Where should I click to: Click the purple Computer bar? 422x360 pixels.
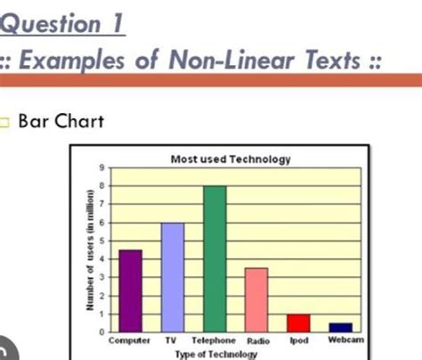[131, 290]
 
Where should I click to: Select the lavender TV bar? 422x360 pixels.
[173, 277]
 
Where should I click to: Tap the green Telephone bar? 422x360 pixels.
[215, 259]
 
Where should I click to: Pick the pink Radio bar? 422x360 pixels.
[256, 300]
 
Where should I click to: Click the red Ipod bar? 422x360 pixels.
[298, 323]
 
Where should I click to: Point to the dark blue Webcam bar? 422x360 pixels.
[341, 327]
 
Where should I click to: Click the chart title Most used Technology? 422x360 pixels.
[231, 160]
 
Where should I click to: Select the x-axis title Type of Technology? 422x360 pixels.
[216, 354]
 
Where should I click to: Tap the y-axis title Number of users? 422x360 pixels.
[90, 250]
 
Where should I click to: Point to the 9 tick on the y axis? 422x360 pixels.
[102, 168]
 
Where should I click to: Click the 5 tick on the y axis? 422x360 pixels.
[102, 241]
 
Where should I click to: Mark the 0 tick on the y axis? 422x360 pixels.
[102, 332]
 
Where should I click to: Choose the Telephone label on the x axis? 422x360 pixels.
[214, 340]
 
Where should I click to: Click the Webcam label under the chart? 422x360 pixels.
[346, 340]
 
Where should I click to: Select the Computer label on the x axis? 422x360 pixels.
[129, 340]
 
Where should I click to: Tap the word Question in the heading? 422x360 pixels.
[51, 23]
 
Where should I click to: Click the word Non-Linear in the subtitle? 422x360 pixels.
[231, 61]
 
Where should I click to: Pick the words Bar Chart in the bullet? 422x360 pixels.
[61, 121]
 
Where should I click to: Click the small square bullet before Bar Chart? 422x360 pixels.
[4, 122]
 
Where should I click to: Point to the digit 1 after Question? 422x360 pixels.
[118, 23]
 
